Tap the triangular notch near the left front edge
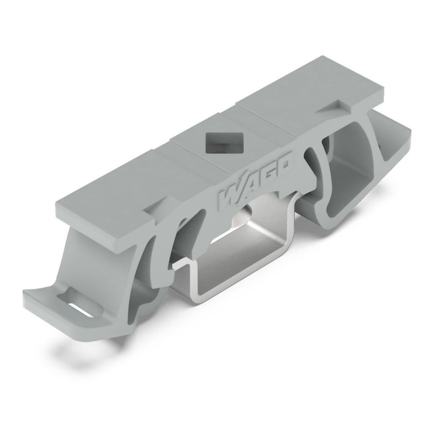click(x=152, y=208)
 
